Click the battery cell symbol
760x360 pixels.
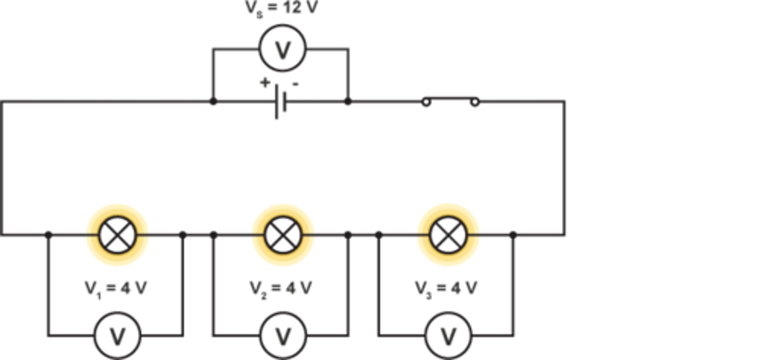click(281, 102)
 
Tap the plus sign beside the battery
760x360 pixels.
click(265, 83)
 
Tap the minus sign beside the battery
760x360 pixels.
click(296, 83)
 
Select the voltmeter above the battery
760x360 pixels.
click(282, 49)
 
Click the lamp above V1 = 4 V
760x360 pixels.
click(117, 234)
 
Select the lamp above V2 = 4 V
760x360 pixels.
click(283, 234)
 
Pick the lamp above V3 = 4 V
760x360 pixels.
click(448, 234)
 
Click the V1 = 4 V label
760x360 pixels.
click(116, 288)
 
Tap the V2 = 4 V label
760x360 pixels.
click(281, 288)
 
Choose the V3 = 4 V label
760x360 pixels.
click(446, 288)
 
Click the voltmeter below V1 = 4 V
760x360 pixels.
click(117, 336)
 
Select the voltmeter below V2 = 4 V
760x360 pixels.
click(283, 336)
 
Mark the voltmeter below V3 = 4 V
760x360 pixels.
click(448, 336)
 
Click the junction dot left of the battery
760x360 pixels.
click(213, 101)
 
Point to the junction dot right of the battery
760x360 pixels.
click(348, 101)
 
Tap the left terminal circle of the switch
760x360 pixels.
click(426, 102)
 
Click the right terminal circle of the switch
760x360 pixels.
click(474, 102)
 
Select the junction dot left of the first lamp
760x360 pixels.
click(49, 234)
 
